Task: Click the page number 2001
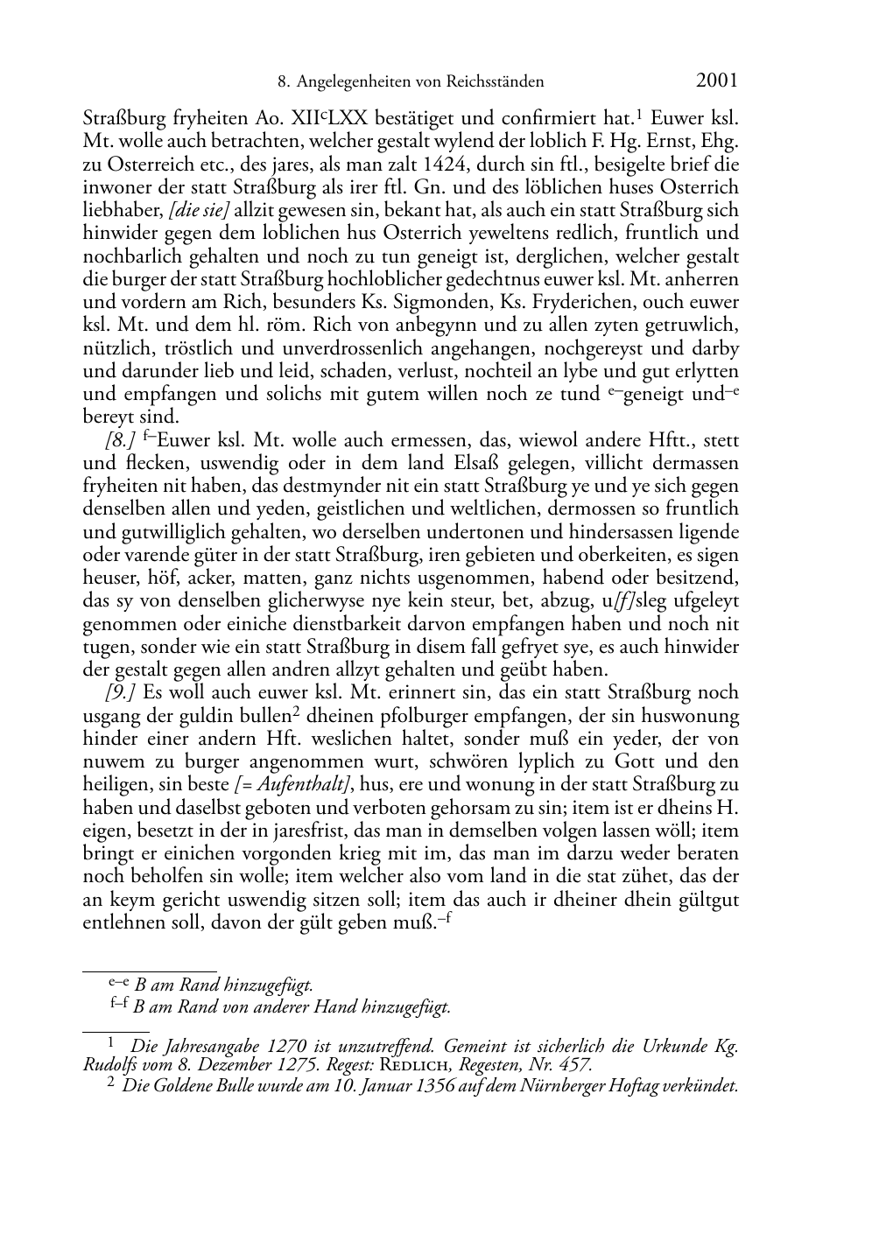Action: coord(717,81)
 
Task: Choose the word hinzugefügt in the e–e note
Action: coord(269,985)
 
